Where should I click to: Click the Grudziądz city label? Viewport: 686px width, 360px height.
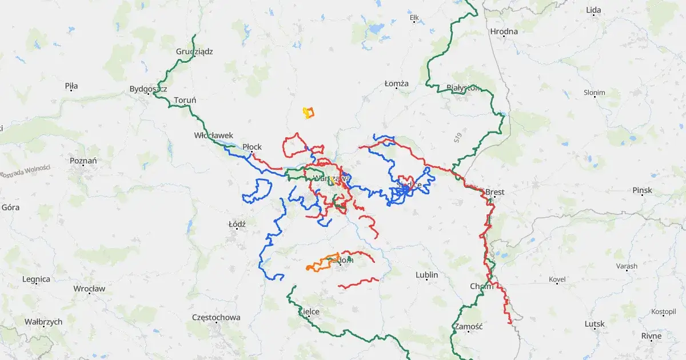point(194,51)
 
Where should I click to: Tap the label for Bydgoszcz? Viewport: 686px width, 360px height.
point(147,89)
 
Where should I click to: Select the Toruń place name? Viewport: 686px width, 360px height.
point(185,101)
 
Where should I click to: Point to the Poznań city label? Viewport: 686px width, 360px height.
point(83,161)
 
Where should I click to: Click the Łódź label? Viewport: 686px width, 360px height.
point(237,224)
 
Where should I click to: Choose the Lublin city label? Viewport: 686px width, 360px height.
point(426,275)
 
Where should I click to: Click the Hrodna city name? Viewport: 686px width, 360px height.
point(504,31)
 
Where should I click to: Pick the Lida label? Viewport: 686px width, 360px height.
point(593,10)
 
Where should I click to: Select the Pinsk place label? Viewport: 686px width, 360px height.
point(643,190)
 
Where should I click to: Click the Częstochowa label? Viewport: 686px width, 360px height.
point(216,317)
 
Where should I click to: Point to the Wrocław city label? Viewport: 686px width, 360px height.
point(89,289)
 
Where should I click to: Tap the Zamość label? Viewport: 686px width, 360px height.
point(467,327)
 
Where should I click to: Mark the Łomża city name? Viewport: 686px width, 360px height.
point(396,83)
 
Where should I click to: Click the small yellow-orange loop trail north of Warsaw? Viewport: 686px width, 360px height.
point(309,112)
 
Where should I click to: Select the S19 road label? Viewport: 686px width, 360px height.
point(458,138)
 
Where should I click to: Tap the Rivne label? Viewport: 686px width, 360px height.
point(651,335)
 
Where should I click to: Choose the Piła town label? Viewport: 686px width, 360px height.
point(71,86)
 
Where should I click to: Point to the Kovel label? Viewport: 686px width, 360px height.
point(557,279)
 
